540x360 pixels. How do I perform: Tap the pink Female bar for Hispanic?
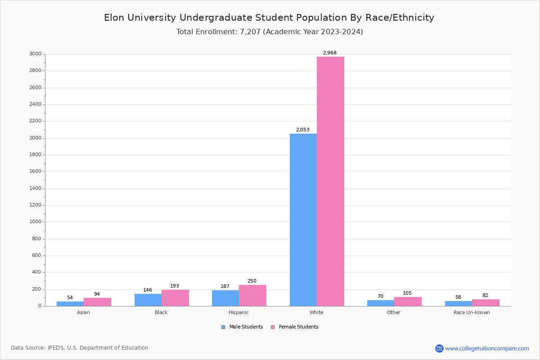[252, 296]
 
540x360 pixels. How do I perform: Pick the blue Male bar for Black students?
[148, 300]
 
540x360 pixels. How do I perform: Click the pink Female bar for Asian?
[97, 302]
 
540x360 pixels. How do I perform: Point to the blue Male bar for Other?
[380, 303]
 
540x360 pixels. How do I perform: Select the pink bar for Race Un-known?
[486, 303]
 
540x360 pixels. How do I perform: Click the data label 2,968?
[329, 53]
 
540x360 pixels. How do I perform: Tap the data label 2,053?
[302, 130]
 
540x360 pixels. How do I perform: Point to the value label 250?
[252, 281]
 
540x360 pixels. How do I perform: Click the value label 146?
[148, 290]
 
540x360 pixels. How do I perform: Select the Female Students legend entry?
[295, 327]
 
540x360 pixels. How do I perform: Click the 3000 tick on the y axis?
[35, 54]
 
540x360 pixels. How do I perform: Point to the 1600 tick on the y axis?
[35, 171]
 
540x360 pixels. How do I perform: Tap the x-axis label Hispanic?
[238, 312]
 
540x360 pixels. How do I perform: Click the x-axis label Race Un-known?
[472, 312]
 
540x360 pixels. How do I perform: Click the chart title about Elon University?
[269, 18]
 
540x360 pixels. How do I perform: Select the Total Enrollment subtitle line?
[270, 32]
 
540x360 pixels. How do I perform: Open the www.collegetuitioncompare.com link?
[486, 348]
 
